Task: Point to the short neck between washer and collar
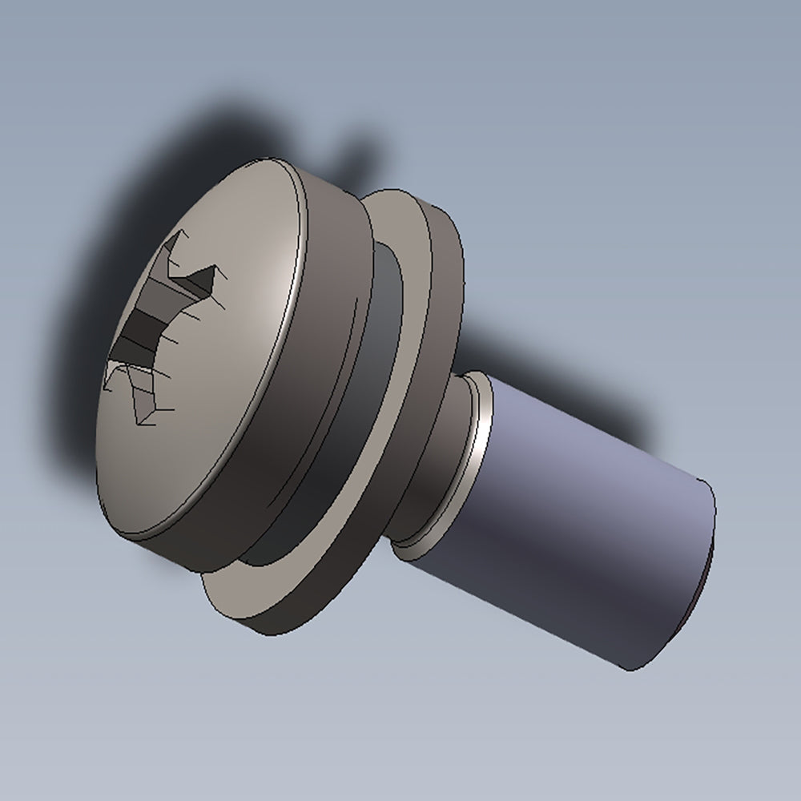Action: click(x=449, y=449)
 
